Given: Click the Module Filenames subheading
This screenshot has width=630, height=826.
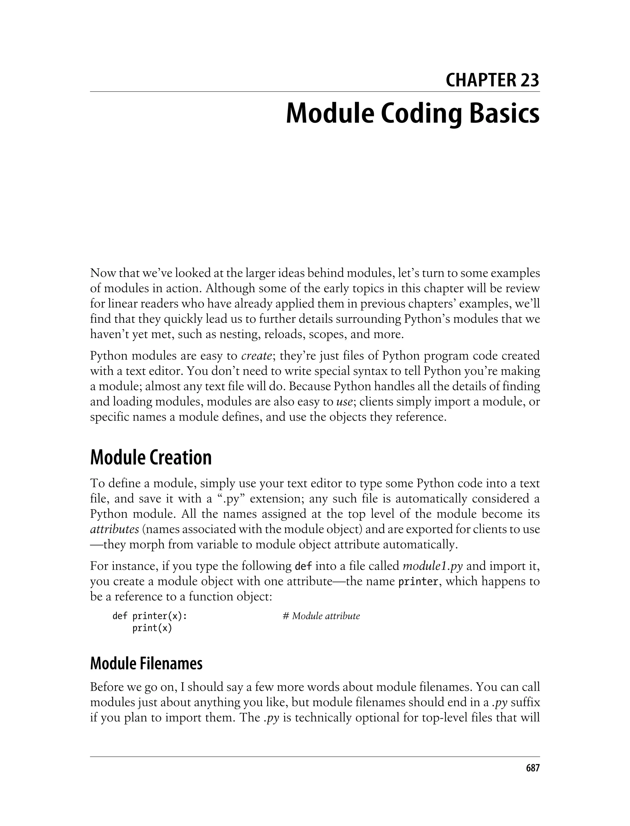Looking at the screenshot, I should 146,663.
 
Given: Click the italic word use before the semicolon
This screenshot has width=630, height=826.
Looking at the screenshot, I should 344,402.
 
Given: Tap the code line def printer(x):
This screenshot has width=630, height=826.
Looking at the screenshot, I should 150,616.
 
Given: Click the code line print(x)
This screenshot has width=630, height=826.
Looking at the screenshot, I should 152,628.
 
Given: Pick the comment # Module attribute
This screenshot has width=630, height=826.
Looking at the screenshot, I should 321,616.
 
